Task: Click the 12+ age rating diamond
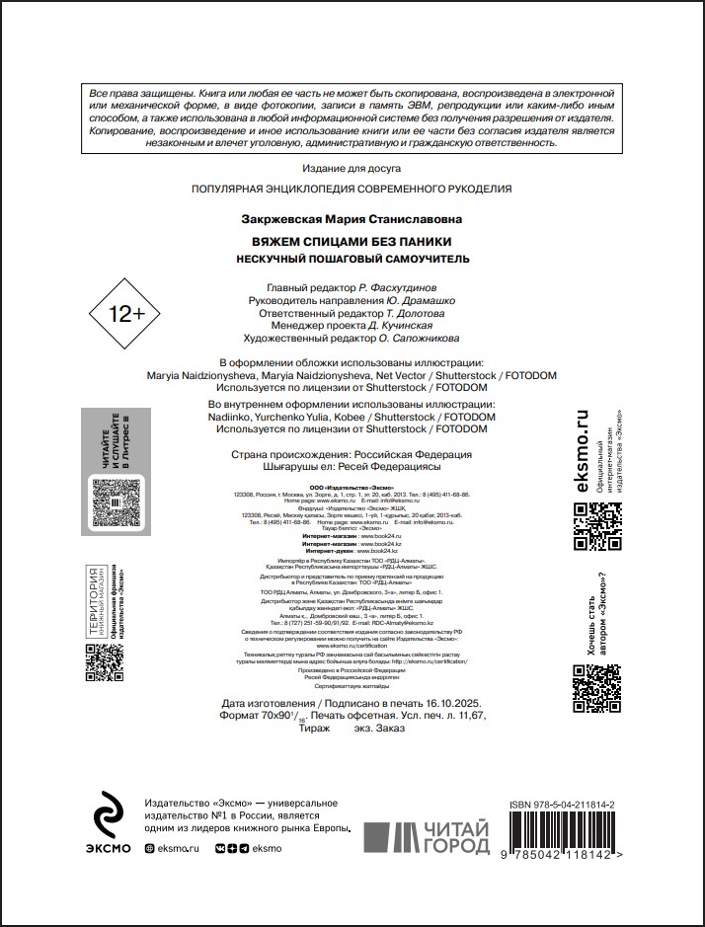(126, 314)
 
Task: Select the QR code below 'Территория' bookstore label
(104, 663)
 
